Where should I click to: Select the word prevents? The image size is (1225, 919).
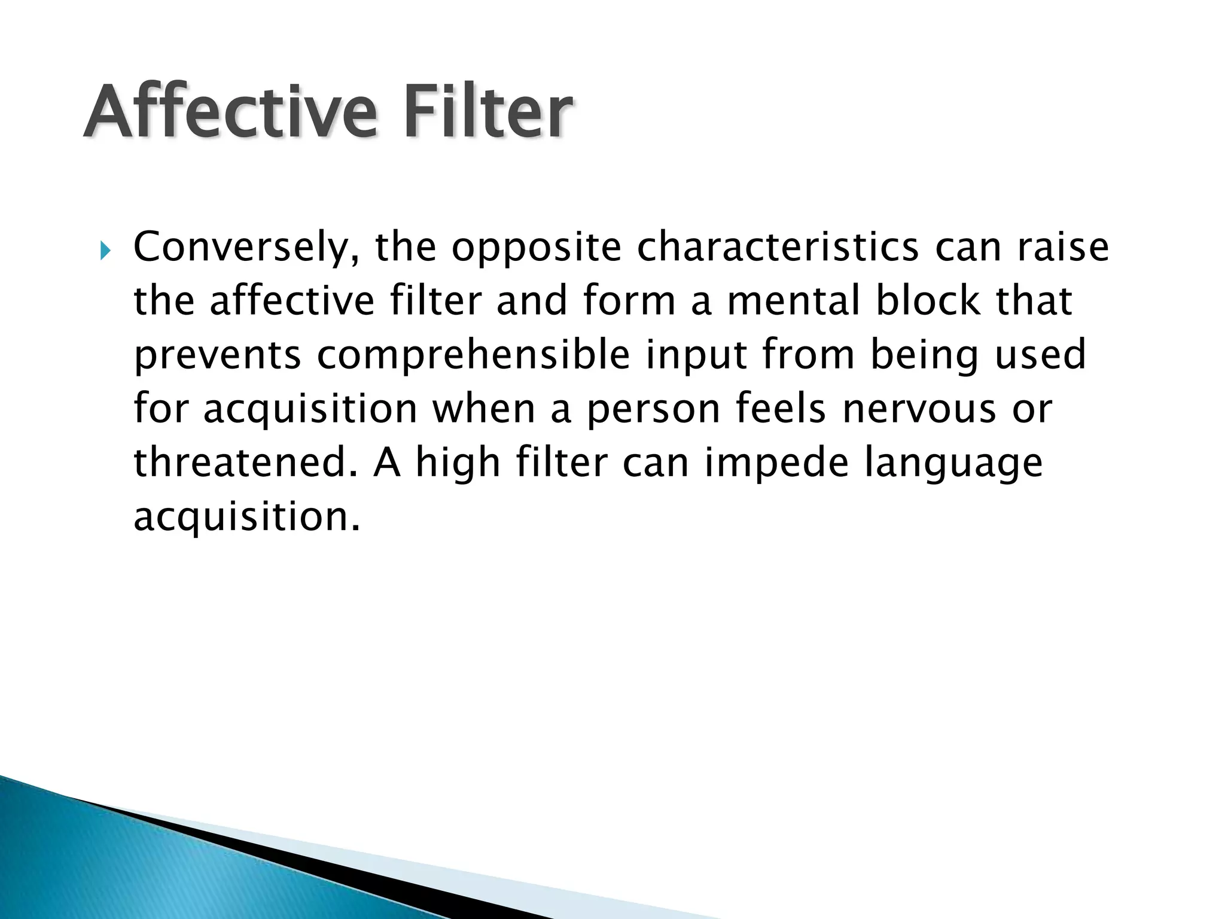coord(217,356)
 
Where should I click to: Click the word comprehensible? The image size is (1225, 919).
coord(473,356)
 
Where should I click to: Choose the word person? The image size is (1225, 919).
coord(652,410)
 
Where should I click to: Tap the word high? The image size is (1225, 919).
coord(458,463)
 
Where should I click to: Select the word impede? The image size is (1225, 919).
coord(776,463)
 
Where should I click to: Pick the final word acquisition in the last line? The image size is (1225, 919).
coord(246,518)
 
